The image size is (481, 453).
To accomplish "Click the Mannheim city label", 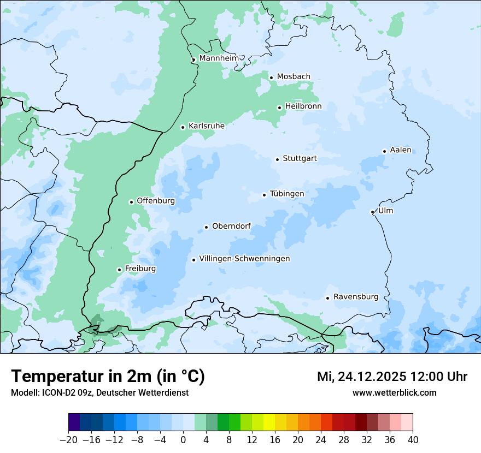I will [219, 58].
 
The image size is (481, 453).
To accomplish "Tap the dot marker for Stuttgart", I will [278, 159].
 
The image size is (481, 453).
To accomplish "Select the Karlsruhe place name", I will [207, 126].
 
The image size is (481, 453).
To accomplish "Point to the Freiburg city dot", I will [119, 270].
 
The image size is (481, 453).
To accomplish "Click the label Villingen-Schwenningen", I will [244, 259].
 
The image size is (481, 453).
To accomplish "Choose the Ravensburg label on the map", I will [356, 297].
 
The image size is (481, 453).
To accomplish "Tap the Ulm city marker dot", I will [372, 212].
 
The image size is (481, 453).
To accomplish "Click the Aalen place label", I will [401, 151].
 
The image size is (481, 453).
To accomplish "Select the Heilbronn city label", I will [303, 106].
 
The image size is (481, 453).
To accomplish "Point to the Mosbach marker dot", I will [271, 78].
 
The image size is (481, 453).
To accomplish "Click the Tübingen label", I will [287, 194].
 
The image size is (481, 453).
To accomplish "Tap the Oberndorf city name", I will [231, 226].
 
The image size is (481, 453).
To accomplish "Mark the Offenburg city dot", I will [131, 202].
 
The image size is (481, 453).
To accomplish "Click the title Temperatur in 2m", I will [108, 377].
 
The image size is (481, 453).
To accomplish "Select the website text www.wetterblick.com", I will [394, 392].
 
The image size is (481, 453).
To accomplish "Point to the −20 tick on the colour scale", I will [68, 440].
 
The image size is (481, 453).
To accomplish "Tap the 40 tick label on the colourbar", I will [413, 440].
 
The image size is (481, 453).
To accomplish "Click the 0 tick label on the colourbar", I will [183, 440].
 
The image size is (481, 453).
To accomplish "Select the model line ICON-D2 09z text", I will [99, 392].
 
